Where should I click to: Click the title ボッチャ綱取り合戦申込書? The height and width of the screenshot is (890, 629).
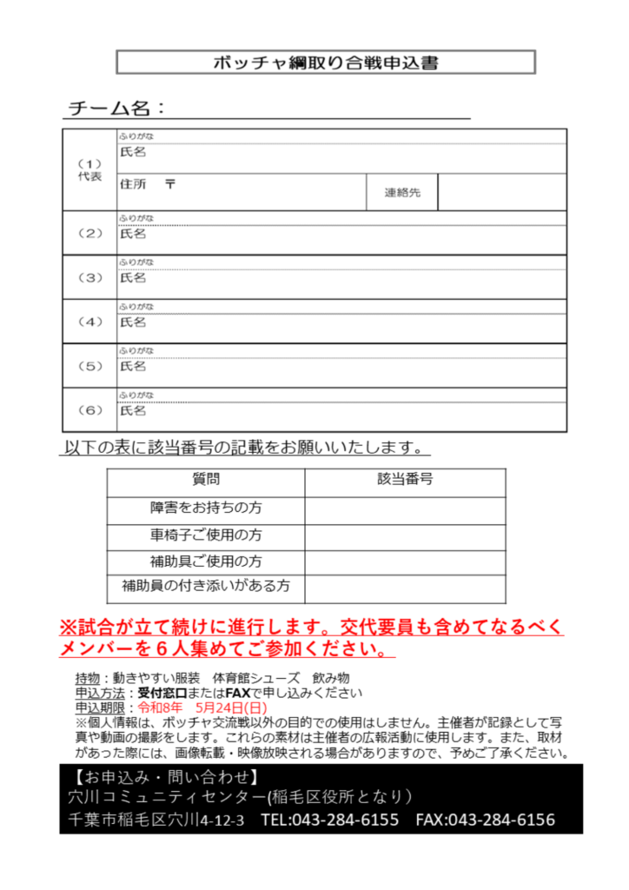pyautogui.click(x=325, y=63)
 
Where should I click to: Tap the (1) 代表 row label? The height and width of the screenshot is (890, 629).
pyautogui.click(x=89, y=169)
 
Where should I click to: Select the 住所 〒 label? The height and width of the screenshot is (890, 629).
pyautogui.click(x=147, y=183)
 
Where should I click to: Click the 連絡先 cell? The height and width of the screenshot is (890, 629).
pyautogui.click(x=402, y=192)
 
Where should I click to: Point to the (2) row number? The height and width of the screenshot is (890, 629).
pyautogui.click(x=89, y=233)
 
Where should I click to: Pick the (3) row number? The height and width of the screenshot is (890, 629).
pyautogui.click(x=89, y=278)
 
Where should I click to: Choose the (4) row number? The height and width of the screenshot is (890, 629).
pyautogui.click(x=89, y=322)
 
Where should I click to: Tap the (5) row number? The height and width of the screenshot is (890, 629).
pyautogui.click(x=89, y=367)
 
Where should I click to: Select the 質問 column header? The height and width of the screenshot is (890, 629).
pyautogui.click(x=206, y=479)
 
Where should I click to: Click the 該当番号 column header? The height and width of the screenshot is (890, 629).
pyautogui.click(x=405, y=479)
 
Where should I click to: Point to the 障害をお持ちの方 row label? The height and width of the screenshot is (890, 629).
pyautogui.click(x=206, y=508)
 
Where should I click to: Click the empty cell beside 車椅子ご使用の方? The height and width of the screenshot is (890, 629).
pyautogui.click(x=405, y=535)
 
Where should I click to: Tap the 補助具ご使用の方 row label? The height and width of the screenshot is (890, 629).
pyautogui.click(x=206, y=561)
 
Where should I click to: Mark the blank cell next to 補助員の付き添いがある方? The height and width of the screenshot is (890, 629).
pyautogui.click(x=405, y=588)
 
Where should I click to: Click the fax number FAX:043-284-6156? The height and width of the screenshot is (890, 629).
pyautogui.click(x=485, y=820)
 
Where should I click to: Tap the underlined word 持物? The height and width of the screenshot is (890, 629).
pyautogui.click(x=87, y=678)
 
